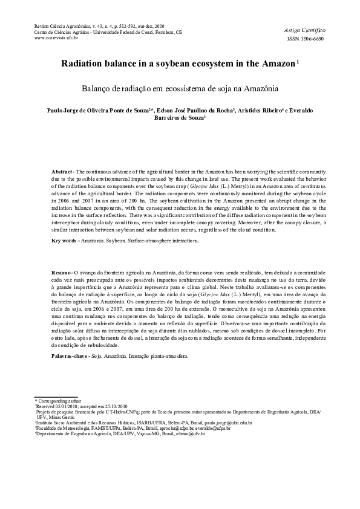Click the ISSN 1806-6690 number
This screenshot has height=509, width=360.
click(309, 38)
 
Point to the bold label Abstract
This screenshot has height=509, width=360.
click(62, 172)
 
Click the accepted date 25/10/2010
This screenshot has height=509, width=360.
click(115, 406)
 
